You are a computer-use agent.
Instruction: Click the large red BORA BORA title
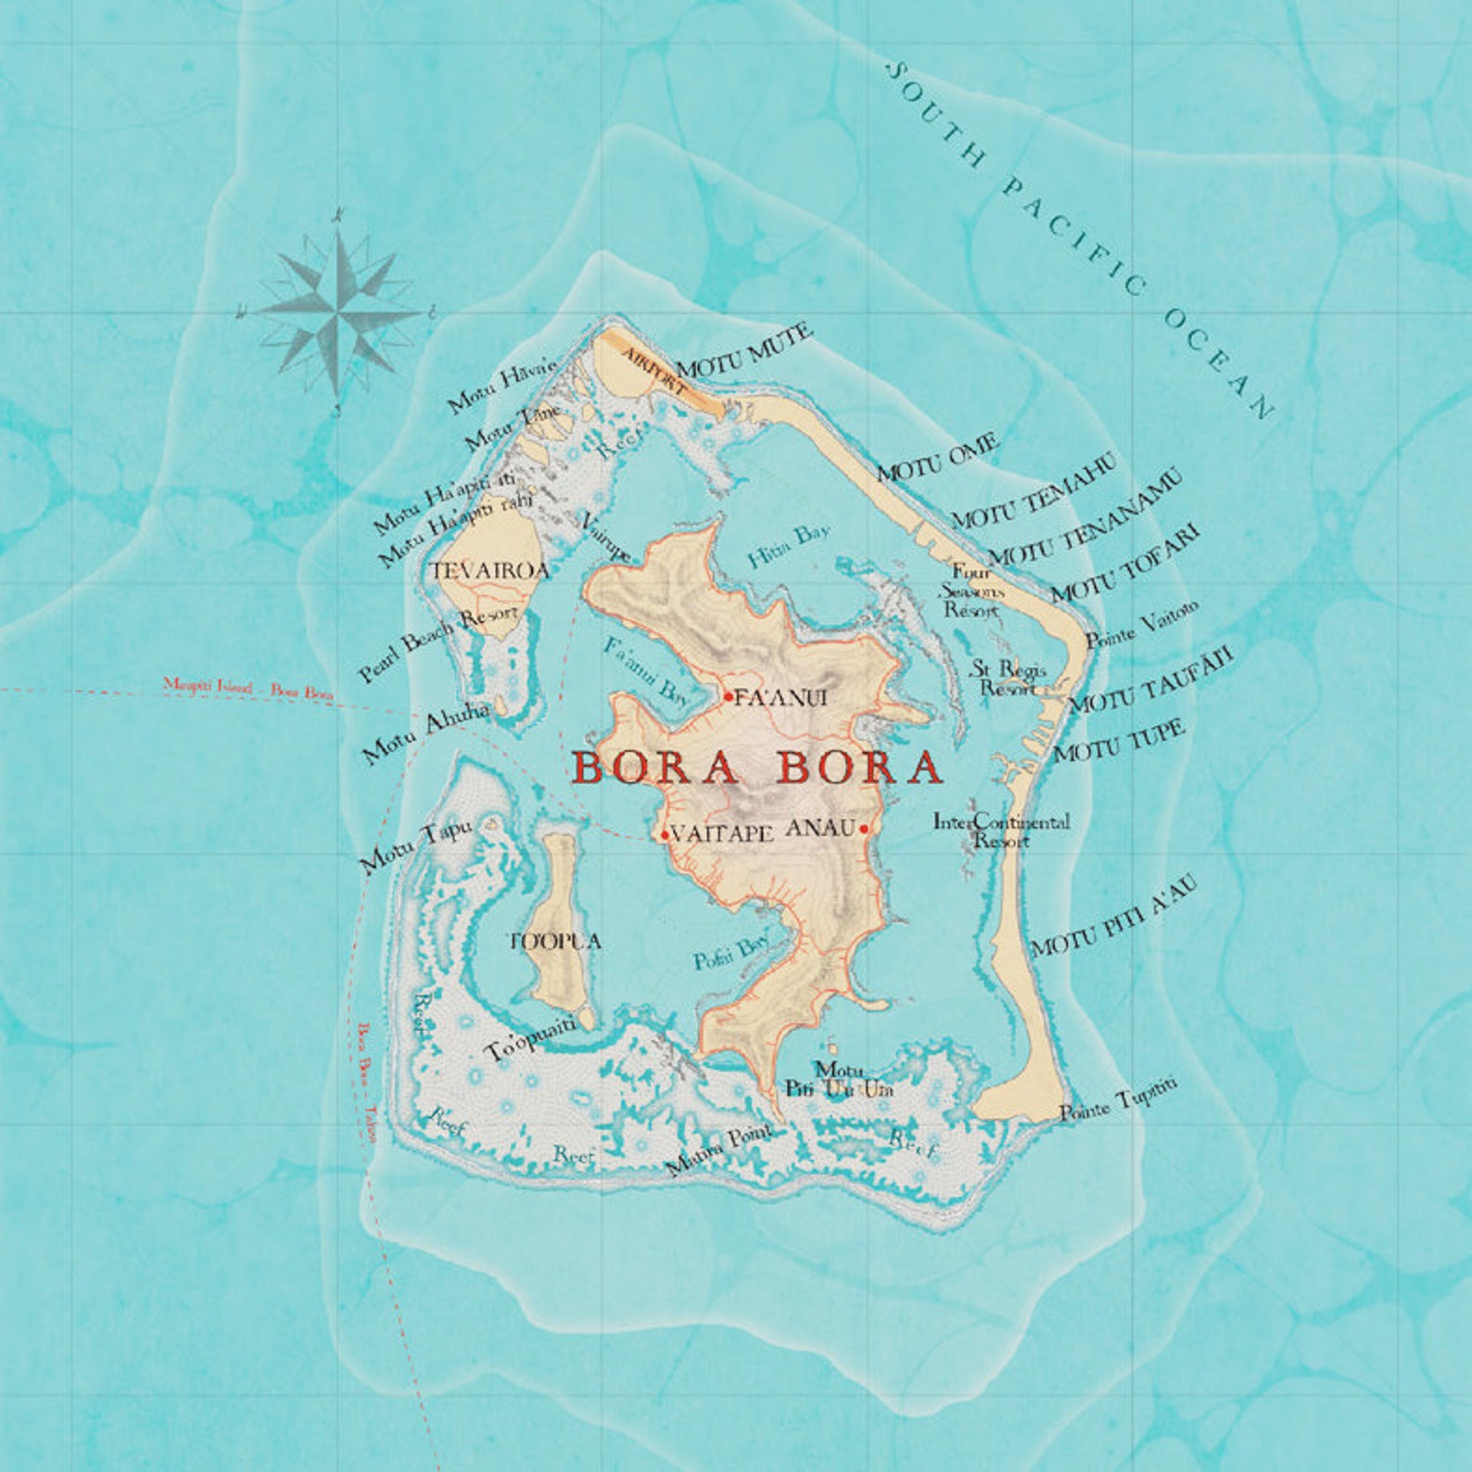click(x=757, y=768)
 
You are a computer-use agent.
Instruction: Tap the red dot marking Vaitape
click(x=665, y=835)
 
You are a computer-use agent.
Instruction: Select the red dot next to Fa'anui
click(x=730, y=696)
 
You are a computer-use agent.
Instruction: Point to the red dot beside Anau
click(x=864, y=829)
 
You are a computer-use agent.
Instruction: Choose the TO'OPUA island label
click(x=555, y=942)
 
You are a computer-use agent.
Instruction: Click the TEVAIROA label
click(x=490, y=571)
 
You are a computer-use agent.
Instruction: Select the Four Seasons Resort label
click(x=971, y=591)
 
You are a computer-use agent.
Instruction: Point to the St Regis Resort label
click(x=1009, y=679)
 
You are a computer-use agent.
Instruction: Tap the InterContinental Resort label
click(x=1001, y=831)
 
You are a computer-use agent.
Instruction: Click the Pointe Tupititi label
click(x=1119, y=1100)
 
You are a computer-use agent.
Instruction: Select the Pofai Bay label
click(x=731, y=952)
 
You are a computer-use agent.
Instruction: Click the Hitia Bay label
click(x=789, y=545)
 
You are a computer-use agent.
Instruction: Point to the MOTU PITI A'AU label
click(x=1114, y=916)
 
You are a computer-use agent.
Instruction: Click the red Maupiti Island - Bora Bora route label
click(x=247, y=689)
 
